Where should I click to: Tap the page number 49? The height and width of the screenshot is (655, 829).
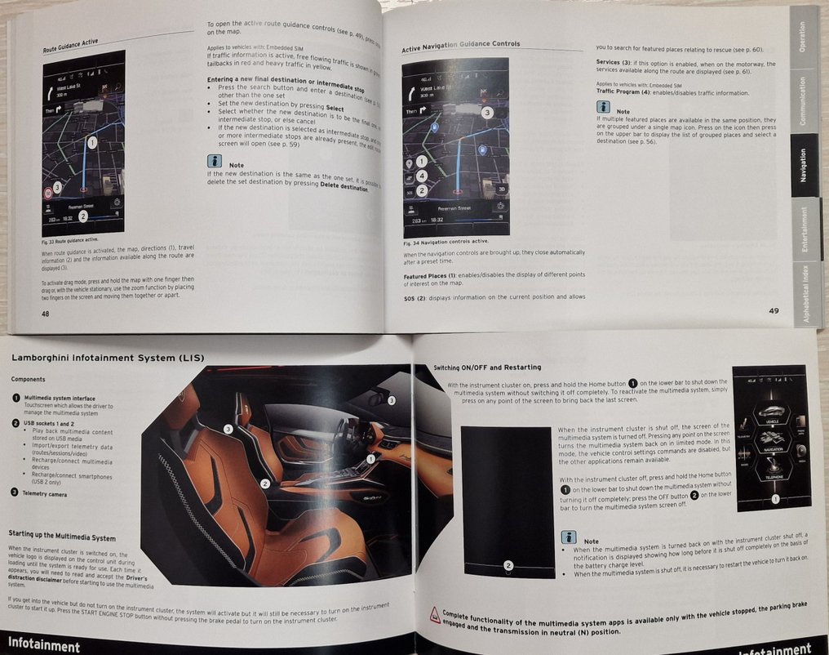774,310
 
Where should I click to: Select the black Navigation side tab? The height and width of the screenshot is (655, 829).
803,164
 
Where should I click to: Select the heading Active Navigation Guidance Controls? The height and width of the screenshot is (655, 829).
460,47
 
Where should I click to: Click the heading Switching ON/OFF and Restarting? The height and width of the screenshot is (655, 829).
476,368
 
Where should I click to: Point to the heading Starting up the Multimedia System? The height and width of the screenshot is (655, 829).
62,537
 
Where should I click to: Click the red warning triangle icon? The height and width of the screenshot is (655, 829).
435,615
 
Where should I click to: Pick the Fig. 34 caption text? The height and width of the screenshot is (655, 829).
446,243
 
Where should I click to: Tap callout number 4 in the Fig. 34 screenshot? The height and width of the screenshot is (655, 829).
421,176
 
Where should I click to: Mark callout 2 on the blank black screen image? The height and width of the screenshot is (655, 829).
508,565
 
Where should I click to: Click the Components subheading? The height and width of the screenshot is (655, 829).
29,380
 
